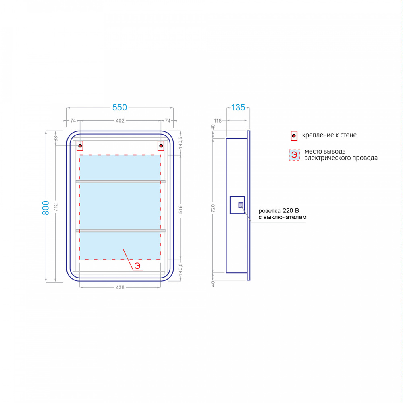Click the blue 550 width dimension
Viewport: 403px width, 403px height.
pyautogui.click(x=120, y=108)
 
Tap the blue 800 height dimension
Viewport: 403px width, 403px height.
pyautogui.click(x=46, y=208)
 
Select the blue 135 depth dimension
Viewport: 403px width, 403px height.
pyautogui.click(x=238, y=108)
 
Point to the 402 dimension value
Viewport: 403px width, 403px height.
pyautogui.click(x=120, y=120)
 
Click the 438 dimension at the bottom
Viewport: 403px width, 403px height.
pyautogui.click(x=120, y=287)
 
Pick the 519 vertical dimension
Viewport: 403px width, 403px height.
pyautogui.click(x=181, y=209)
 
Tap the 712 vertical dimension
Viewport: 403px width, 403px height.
pyautogui.click(x=56, y=207)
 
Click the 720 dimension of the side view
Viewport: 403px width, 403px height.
pyautogui.click(x=213, y=208)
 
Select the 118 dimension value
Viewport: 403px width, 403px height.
pyautogui.click(x=218, y=120)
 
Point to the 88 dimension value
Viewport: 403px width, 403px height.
pyautogui.click(x=56, y=139)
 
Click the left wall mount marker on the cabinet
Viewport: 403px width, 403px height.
pyautogui.click(x=80, y=146)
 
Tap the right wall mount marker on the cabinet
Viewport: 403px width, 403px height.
pyautogui.click(x=161, y=146)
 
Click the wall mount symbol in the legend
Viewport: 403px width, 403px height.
pyautogui.click(x=294, y=136)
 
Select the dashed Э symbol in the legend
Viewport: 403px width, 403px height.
pyautogui.click(x=294, y=155)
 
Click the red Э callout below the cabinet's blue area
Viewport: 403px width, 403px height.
pyautogui.click(x=137, y=266)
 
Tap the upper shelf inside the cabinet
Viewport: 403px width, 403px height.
pyautogui.click(x=120, y=181)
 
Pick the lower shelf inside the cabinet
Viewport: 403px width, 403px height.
pyautogui.click(x=120, y=231)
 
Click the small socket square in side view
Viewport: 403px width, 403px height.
pyautogui.click(x=241, y=205)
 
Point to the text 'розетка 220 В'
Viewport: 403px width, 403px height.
pyautogui.click(x=278, y=211)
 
